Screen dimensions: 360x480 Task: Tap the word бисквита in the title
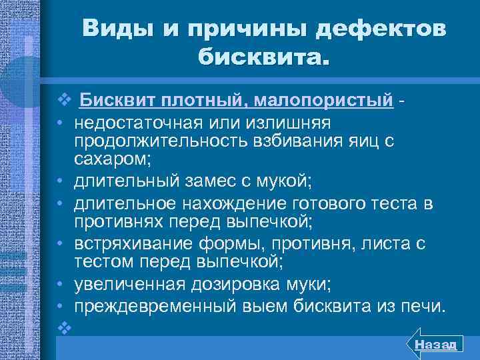coord(263,59)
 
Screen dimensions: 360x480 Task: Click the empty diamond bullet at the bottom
coord(63,327)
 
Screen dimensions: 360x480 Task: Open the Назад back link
coord(434,343)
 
